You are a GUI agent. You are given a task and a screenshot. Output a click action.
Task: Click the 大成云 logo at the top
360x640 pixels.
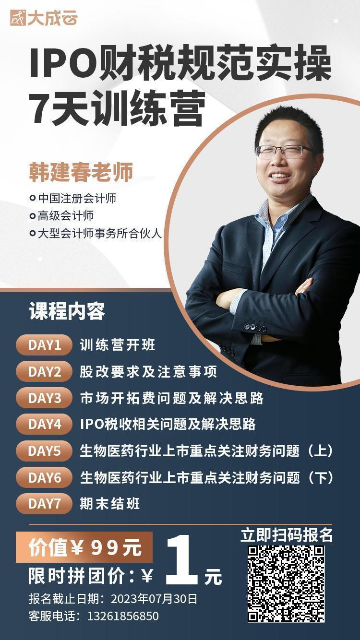coord(44,18)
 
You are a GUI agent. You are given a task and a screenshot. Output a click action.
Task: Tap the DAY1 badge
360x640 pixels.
coord(44,345)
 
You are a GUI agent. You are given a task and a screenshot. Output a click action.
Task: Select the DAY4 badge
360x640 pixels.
coord(44,424)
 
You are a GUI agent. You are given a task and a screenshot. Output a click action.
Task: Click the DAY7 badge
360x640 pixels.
coord(44,503)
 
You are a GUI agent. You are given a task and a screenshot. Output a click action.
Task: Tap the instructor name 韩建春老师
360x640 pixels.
coord(81,172)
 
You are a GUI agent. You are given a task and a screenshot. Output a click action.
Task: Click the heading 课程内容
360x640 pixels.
coord(67,311)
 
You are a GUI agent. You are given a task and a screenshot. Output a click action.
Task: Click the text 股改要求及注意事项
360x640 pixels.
coord(148,372)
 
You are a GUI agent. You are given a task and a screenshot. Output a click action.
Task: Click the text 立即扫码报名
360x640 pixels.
coord(287,535)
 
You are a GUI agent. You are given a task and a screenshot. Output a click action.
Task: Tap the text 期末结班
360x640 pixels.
coord(110,503)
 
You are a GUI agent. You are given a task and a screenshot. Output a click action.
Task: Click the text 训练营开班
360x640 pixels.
coord(118,345)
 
